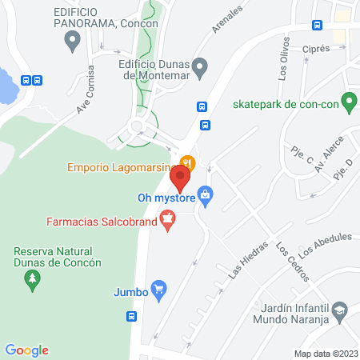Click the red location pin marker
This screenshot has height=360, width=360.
(179, 177)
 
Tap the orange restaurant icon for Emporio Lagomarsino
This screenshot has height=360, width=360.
(186, 162)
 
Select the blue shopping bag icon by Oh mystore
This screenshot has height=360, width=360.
(206, 194)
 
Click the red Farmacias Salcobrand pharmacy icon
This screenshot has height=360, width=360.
(168, 217)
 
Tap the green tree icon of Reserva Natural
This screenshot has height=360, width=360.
(33, 278)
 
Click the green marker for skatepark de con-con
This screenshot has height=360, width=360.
(347, 102)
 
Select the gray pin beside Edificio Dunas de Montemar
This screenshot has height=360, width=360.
(201, 66)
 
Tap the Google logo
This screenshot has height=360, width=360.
(26, 350)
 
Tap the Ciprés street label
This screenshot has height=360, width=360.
(317, 49)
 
